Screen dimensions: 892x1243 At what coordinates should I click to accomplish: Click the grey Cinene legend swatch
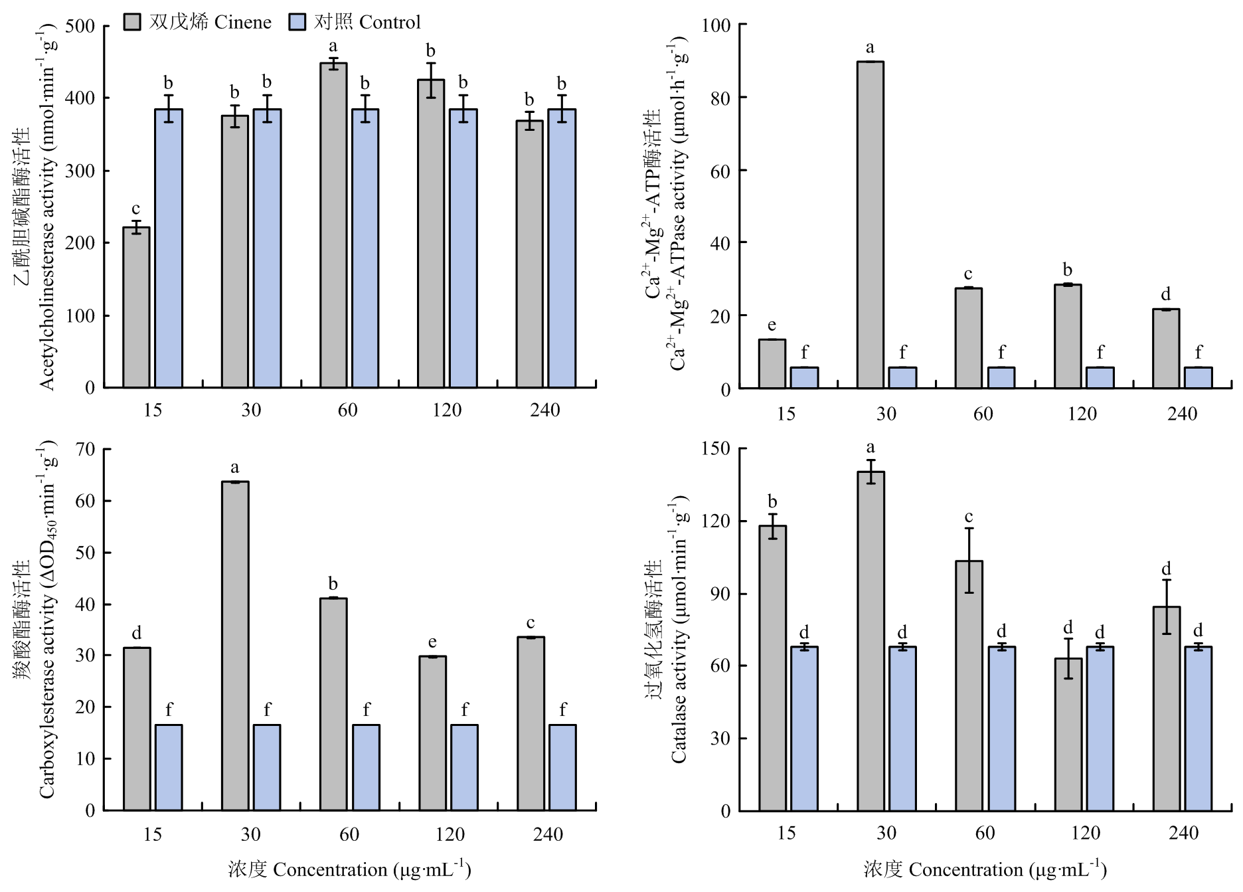(x=133, y=23)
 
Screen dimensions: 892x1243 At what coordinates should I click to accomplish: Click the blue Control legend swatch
(x=297, y=23)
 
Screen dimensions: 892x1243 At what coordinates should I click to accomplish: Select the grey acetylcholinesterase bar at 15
(x=136, y=307)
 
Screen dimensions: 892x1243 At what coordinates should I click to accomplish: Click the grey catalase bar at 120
(x=1068, y=734)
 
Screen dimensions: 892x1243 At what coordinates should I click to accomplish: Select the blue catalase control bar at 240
(x=1198, y=728)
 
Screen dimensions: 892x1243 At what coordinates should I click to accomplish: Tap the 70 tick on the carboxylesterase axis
(x=86, y=450)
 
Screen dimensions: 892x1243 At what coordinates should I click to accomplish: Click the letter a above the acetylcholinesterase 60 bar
(x=333, y=46)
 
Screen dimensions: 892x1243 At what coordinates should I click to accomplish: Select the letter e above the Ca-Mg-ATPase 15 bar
(x=772, y=325)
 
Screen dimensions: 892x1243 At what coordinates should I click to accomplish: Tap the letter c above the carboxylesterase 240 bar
(x=531, y=623)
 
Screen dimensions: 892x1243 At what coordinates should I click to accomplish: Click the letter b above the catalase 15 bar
(x=772, y=501)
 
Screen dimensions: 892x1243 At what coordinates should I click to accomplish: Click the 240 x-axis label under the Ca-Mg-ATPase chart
(x=1182, y=414)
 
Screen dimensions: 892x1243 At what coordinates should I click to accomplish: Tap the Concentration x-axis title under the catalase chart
(x=985, y=869)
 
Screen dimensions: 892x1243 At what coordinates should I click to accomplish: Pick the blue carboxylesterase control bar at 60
(x=366, y=767)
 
